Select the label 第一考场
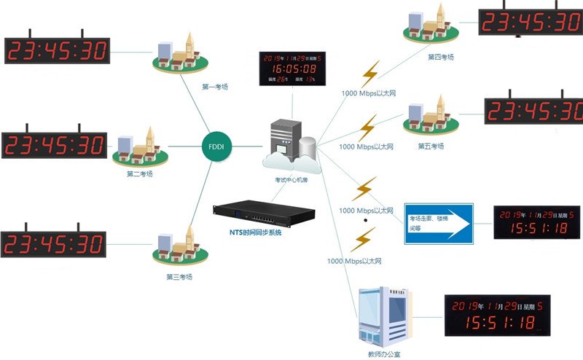click(x=214, y=87)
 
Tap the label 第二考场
click(x=139, y=174)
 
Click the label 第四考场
click(x=441, y=56)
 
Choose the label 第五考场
click(x=431, y=146)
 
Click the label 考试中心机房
click(x=291, y=179)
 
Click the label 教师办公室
click(x=384, y=355)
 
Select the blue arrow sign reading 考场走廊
click(x=439, y=224)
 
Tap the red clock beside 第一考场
click(x=58, y=50)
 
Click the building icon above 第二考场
click(x=138, y=146)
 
